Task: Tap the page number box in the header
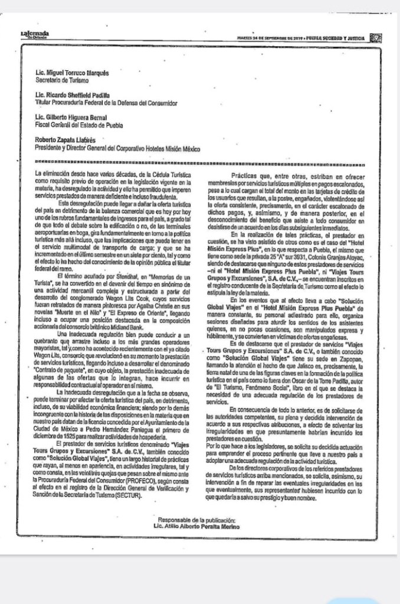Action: [x=375, y=38]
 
